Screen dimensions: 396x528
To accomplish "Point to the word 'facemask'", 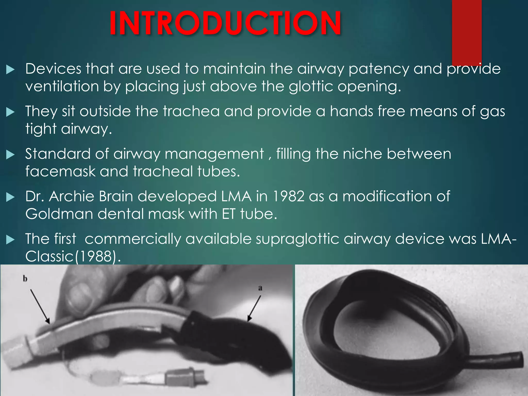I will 60,171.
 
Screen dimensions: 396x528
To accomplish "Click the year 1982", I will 288,196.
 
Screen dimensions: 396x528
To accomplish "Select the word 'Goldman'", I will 59,214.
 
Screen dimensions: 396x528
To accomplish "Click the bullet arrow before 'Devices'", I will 10,69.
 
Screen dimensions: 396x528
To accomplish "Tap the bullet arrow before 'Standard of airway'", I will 10,154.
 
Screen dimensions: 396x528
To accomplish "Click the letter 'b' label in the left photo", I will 25,279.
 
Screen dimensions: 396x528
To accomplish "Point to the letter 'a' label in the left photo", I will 260,288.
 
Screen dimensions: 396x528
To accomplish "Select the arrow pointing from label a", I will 254,308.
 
